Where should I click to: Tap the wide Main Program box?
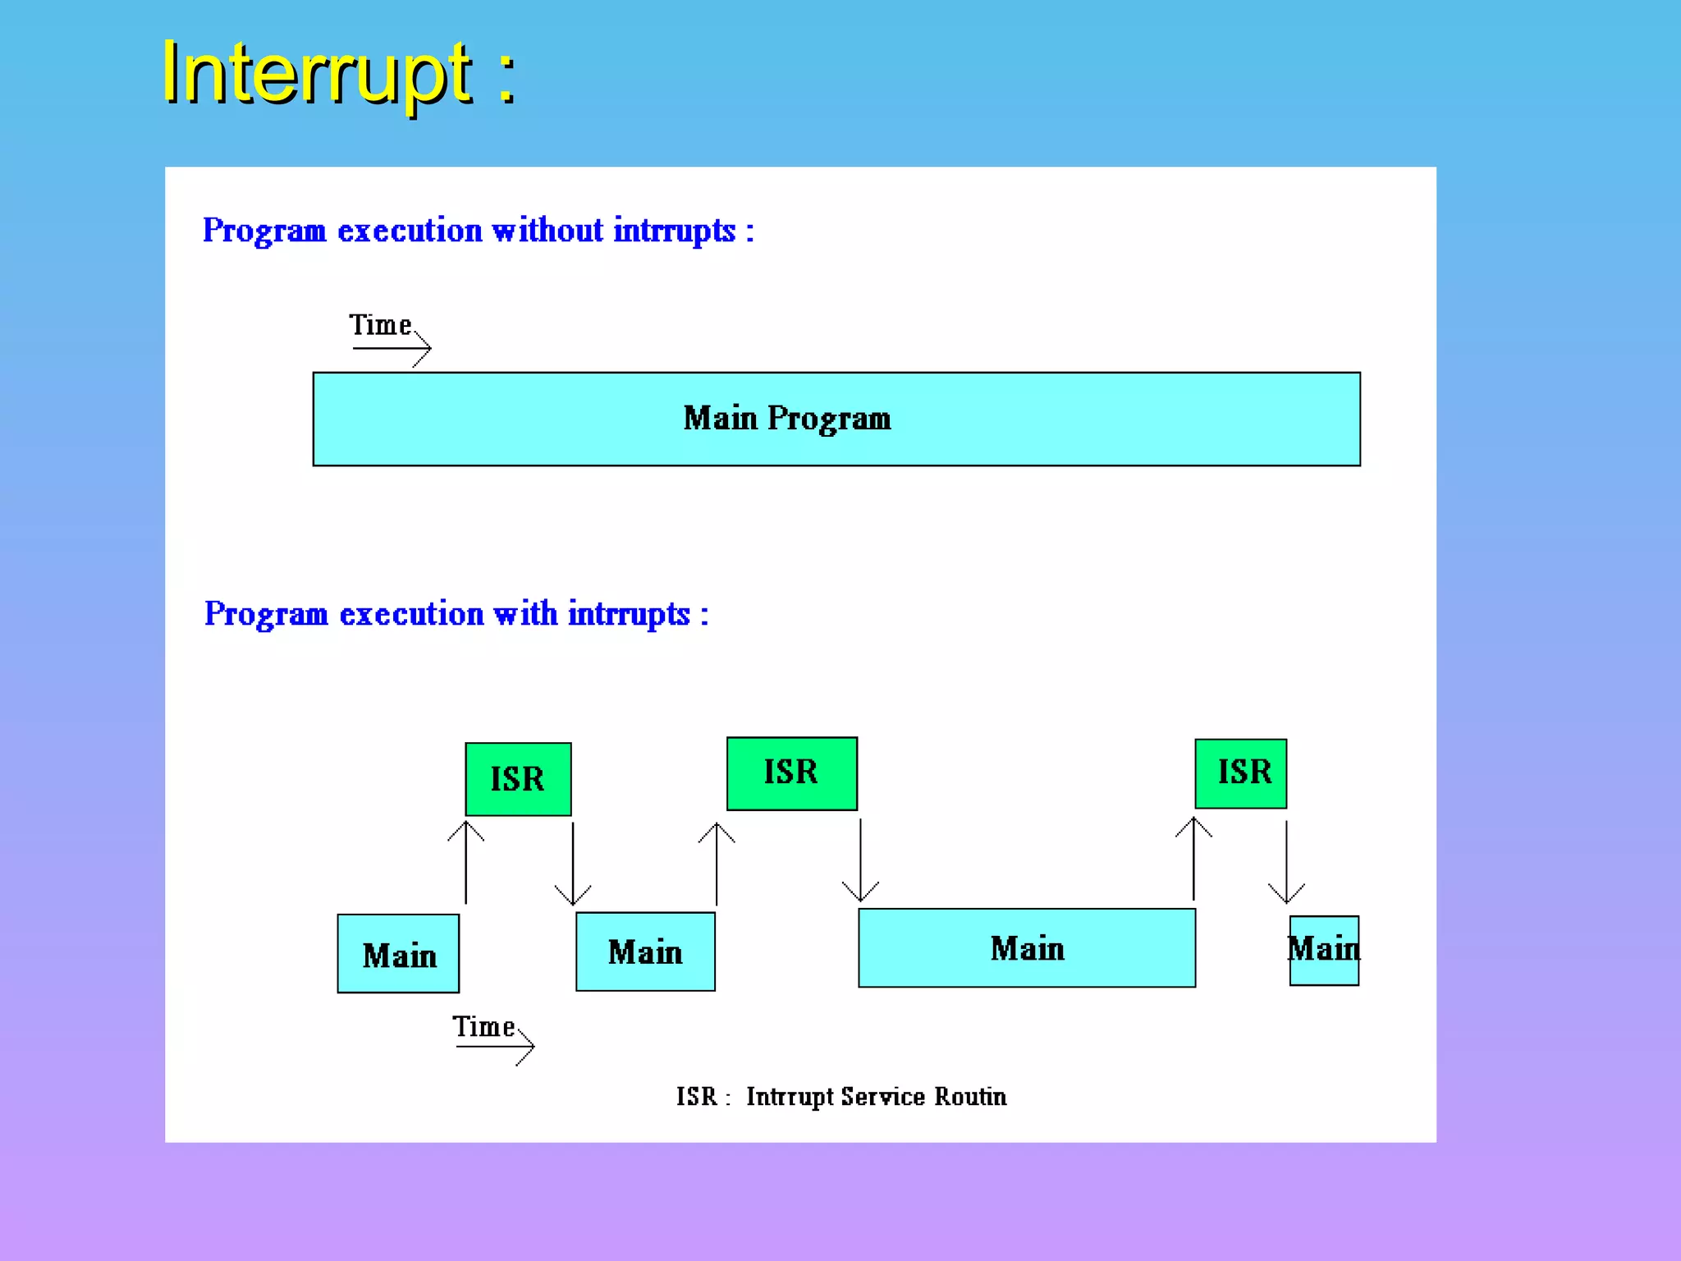pyautogui.click(x=836, y=419)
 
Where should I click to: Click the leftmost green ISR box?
pyautogui.click(x=518, y=779)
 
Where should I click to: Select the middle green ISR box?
pyautogui.click(x=791, y=773)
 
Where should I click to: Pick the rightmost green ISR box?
pyautogui.click(x=1240, y=773)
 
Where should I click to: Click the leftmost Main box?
pyautogui.click(x=398, y=954)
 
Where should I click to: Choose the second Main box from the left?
pyautogui.click(x=645, y=951)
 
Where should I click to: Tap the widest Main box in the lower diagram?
pyautogui.click(x=1026, y=948)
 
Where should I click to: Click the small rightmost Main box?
pyautogui.click(x=1324, y=951)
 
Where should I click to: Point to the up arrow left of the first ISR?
pyautogui.click(x=465, y=862)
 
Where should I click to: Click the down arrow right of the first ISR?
pyautogui.click(x=573, y=864)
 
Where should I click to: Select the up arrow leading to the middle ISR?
pyautogui.click(x=717, y=864)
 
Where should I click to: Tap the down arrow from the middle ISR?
pyautogui.click(x=860, y=860)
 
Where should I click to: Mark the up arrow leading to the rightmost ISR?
pyautogui.click(x=1193, y=859)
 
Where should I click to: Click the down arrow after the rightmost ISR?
pyautogui.click(x=1286, y=862)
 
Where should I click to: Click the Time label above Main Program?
pyautogui.click(x=380, y=325)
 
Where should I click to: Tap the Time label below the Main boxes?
pyautogui.click(x=483, y=1027)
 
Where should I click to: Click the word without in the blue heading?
pyautogui.click(x=547, y=231)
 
